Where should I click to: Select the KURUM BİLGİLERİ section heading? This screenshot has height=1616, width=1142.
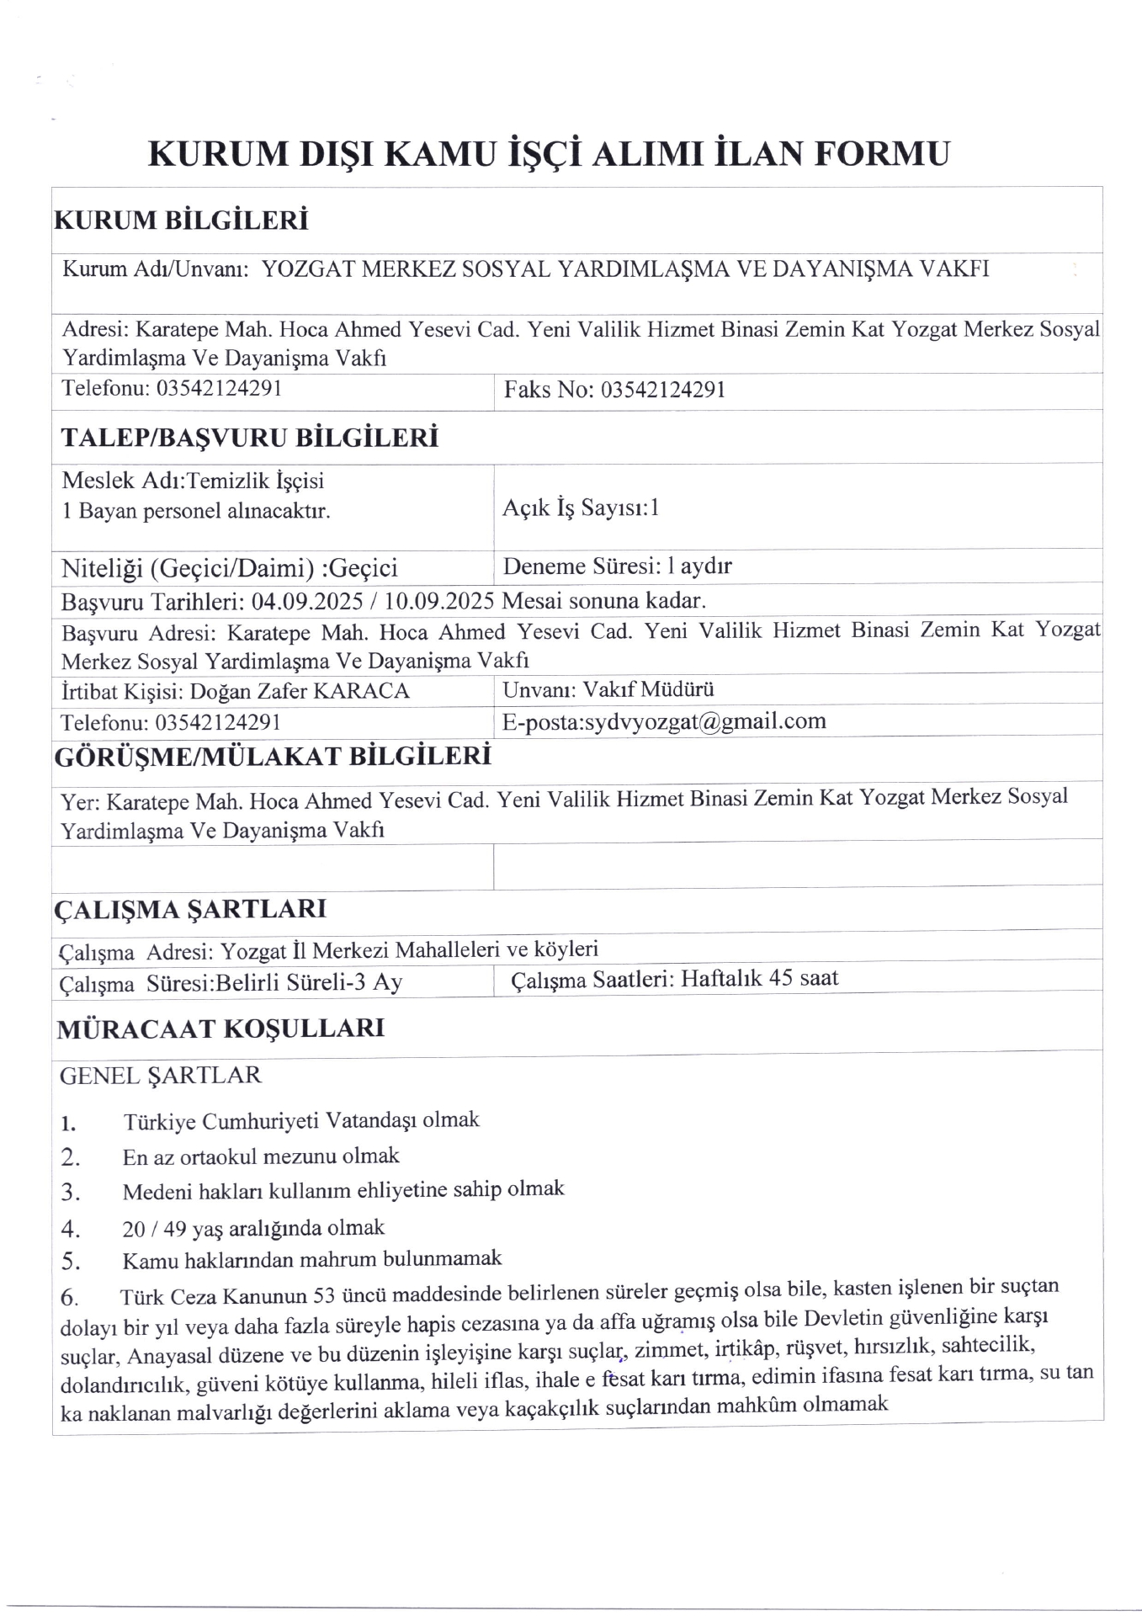tap(181, 221)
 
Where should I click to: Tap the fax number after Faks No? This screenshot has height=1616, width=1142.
tap(663, 390)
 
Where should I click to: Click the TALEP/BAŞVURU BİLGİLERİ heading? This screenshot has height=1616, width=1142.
tap(250, 438)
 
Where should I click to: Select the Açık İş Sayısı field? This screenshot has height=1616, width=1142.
tap(581, 508)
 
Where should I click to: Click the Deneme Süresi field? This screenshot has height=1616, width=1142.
tap(617, 566)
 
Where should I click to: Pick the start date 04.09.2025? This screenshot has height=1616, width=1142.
tap(308, 601)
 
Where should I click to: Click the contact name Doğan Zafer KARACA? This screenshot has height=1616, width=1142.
tap(300, 691)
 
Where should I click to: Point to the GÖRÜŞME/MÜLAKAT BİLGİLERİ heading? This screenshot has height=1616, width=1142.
tap(273, 756)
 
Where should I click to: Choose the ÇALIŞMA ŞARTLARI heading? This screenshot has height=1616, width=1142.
tap(190, 910)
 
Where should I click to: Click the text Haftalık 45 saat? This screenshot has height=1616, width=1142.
tap(759, 978)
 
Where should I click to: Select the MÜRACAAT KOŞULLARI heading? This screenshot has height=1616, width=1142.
tap(220, 1029)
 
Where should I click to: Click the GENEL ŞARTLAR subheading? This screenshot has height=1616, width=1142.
tap(161, 1075)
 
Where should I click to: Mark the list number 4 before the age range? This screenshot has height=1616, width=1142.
tap(70, 1230)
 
